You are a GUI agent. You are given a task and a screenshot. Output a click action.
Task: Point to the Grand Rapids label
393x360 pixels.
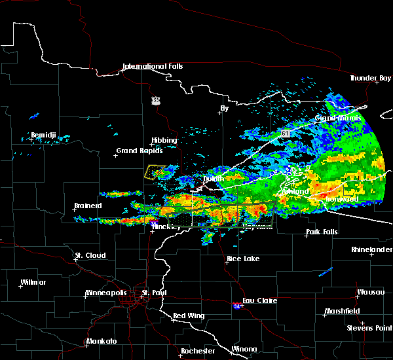[136, 151]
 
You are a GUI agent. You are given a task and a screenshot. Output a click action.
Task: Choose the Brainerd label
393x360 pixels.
[88, 206]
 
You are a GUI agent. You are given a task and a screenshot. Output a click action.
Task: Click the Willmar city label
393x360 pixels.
[33, 282]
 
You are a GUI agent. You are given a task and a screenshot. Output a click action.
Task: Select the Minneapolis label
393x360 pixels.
[107, 293]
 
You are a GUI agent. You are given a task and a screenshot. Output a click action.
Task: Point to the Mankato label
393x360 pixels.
[102, 342]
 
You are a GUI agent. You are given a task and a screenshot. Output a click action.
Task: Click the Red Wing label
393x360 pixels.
[189, 316]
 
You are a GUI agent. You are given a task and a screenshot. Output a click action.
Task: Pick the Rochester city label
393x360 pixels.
[198, 351]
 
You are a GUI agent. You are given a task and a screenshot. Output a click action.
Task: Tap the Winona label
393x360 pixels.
[244, 349]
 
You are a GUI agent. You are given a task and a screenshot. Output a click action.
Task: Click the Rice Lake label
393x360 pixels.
[243, 259]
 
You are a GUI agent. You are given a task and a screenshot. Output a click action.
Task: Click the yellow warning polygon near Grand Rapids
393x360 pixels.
[153, 171]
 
